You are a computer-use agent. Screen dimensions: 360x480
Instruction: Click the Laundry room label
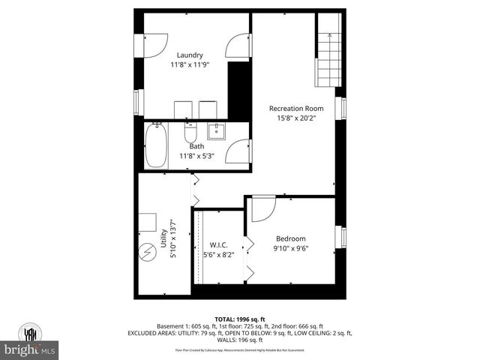click(x=190, y=55)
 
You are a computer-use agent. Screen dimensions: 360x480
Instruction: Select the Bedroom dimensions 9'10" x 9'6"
click(x=290, y=249)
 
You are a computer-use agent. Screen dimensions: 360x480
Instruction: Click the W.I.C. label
click(x=219, y=244)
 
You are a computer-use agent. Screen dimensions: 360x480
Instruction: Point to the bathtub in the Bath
click(x=157, y=145)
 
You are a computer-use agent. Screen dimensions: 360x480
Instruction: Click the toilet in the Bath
click(x=190, y=133)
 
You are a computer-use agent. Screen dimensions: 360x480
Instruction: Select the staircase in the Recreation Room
click(x=328, y=59)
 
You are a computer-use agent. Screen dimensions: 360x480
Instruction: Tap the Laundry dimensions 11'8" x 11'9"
click(x=190, y=64)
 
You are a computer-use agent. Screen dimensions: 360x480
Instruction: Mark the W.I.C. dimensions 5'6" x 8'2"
click(x=219, y=254)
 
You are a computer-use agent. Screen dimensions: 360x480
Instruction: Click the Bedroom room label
click(x=290, y=239)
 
